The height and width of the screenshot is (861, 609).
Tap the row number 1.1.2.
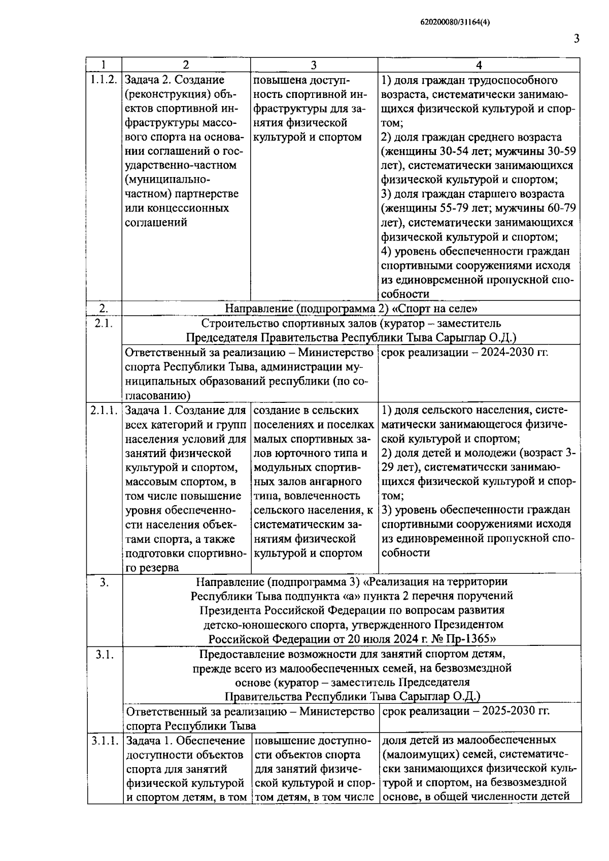click(x=104, y=80)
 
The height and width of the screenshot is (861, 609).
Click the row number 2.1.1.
click(x=104, y=410)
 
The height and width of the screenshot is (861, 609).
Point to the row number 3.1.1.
click(x=105, y=741)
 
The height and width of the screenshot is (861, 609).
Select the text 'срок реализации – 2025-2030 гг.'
click(x=465, y=711)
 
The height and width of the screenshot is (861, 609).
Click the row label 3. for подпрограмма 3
click(x=104, y=583)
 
